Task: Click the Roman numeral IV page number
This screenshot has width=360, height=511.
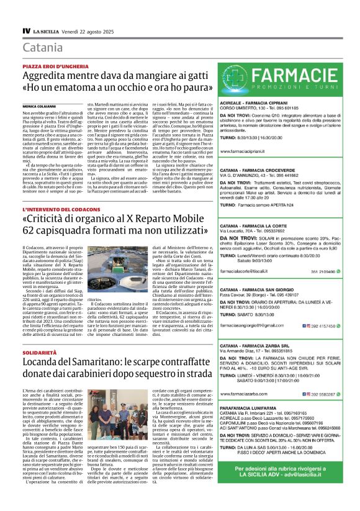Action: (x=27, y=30)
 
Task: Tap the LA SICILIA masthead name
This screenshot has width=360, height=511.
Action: (x=47, y=31)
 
